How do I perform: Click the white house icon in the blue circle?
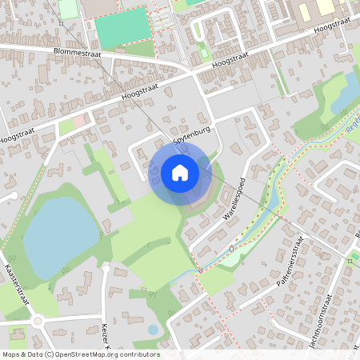click(x=180, y=173)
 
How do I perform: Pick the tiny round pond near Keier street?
click(x=153, y=330)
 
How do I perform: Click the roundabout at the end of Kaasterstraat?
click(x=38, y=322)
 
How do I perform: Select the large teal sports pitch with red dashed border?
click(x=122, y=27)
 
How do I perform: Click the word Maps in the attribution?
click(x=12, y=354)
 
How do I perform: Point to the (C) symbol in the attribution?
click(x=50, y=354)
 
